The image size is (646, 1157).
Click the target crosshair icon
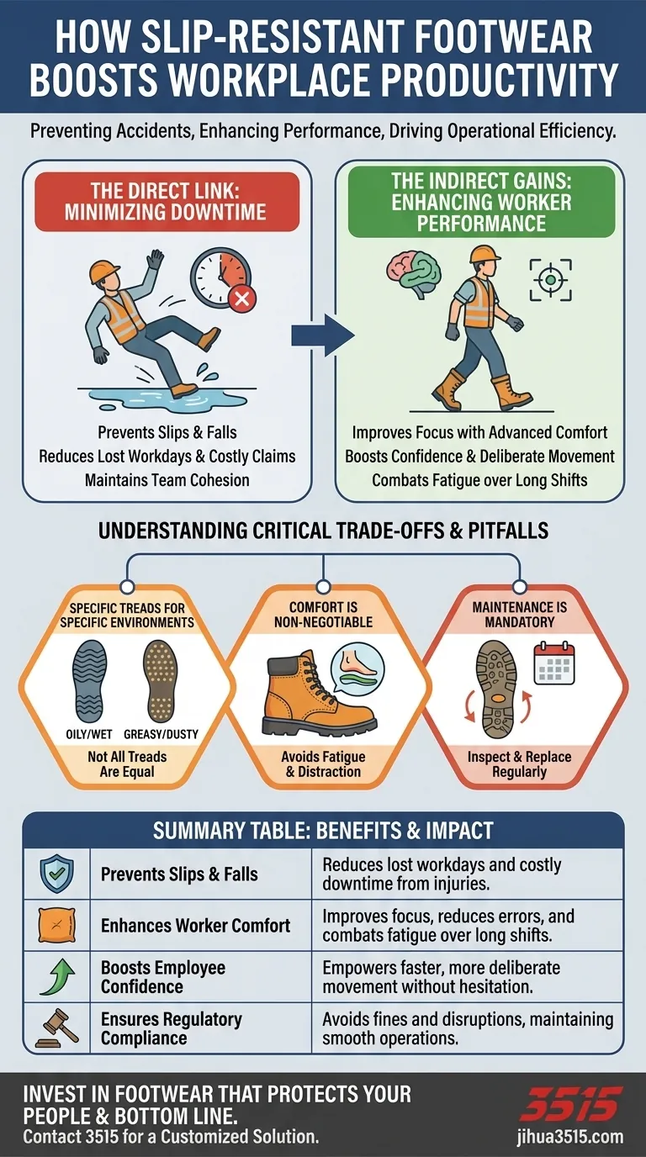(x=550, y=279)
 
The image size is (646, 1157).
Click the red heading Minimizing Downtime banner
(x=167, y=202)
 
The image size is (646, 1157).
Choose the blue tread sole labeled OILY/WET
(x=88, y=678)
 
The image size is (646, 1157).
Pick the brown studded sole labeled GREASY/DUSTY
(x=160, y=678)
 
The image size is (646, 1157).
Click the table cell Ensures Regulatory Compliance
(x=172, y=1028)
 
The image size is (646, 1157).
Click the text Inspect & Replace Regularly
(x=519, y=764)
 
